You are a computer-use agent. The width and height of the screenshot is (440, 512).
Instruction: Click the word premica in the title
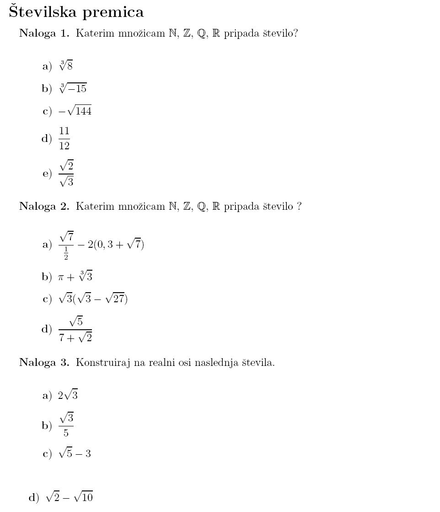(113, 13)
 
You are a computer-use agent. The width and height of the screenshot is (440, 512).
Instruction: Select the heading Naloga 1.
(44, 34)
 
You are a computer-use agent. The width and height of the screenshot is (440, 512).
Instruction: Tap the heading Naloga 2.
(44, 207)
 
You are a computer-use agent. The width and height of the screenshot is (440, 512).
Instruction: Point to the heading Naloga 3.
(44, 363)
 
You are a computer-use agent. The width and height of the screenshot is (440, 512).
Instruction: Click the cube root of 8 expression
(66, 66)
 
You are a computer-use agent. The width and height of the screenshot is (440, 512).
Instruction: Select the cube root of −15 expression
(73, 88)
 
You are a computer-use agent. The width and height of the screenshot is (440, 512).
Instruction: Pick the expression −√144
(75, 111)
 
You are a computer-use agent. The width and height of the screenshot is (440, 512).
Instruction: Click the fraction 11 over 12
(64, 138)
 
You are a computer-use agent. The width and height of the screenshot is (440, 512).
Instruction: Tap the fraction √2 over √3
(66, 173)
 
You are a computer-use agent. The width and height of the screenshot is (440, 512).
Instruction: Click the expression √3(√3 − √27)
(93, 299)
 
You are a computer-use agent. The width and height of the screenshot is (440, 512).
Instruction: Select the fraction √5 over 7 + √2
(75, 330)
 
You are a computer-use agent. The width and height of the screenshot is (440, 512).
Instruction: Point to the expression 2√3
(68, 395)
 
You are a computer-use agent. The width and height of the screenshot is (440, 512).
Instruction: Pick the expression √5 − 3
(75, 454)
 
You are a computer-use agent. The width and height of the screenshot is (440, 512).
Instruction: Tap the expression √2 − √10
(70, 497)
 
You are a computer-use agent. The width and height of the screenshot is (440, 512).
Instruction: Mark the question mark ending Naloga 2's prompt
(299, 207)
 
